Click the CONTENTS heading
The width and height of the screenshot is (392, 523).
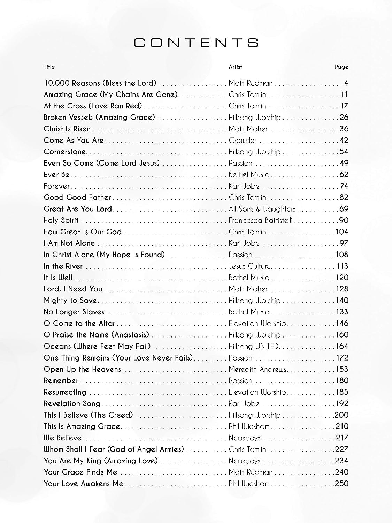pyautogui.click(x=196, y=43)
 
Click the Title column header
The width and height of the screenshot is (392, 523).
pyautogui.click(x=49, y=67)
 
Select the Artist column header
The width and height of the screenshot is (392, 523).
pyautogui.click(x=235, y=67)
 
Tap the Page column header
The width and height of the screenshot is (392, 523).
pyautogui.click(x=341, y=67)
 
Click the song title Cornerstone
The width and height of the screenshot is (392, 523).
pyautogui.click(x=65, y=152)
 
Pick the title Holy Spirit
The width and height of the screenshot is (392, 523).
pyautogui.click(x=61, y=220)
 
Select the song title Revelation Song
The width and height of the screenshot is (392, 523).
pyautogui.click(x=72, y=403)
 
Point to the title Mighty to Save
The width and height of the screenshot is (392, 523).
pyautogui.click(x=70, y=301)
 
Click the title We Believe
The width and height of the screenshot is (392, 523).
pyautogui.click(x=62, y=438)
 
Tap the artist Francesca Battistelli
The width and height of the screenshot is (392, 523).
pyautogui.click(x=260, y=220)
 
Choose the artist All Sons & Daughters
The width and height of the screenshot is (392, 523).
pyautogui.click(x=262, y=209)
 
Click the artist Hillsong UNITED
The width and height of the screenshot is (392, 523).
pyautogui.click(x=254, y=346)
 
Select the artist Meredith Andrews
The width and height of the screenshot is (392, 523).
pyautogui.click(x=258, y=369)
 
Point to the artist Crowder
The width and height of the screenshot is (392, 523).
pyautogui.click(x=243, y=140)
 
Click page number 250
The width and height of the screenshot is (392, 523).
pyautogui.click(x=341, y=483)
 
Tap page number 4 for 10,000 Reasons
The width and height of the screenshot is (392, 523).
pyautogui.click(x=346, y=83)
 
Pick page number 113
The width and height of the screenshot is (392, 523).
pyautogui.click(x=343, y=266)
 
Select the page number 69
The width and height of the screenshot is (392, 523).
pyautogui.click(x=344, y=209)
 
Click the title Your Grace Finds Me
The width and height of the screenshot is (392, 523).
pyautogui.click(x=80, y=472)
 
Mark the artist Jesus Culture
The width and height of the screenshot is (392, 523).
pyautogui.click(x=249, y=266)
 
